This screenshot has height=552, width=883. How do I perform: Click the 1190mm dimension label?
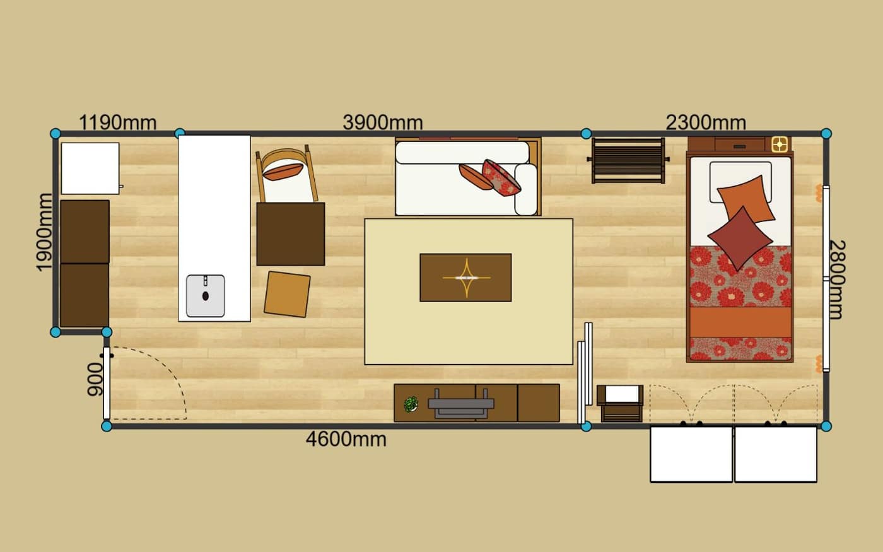[118, 122]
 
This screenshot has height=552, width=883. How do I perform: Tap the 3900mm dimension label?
[383, 122]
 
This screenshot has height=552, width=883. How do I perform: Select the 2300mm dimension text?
[706, 122]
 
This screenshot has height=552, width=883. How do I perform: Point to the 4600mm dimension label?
[346, 439]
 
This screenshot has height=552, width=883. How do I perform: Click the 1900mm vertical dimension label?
[44, 233]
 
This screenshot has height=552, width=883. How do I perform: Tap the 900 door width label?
[95, 379]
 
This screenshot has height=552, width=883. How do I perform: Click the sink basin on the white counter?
[206, 296]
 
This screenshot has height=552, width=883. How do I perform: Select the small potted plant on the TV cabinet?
[411, 404]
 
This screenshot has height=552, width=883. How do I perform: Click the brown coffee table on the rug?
[465, 278]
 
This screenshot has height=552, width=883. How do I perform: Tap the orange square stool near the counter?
[287, 294]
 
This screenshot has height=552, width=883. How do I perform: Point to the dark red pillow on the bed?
[740, 238]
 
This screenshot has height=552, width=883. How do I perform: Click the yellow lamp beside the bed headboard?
[780, 144]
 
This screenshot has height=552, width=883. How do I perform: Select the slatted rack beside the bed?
[628, 160]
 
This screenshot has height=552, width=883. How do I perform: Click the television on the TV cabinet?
[461, 404]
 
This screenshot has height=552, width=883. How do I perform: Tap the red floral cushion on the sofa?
[501, 178]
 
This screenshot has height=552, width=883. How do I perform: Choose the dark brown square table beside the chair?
[291, 234]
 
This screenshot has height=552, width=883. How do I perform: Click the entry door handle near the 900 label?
[107, 356]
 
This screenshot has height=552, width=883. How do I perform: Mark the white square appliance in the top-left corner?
[90, 168]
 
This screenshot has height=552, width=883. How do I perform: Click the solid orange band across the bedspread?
[740, 322]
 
